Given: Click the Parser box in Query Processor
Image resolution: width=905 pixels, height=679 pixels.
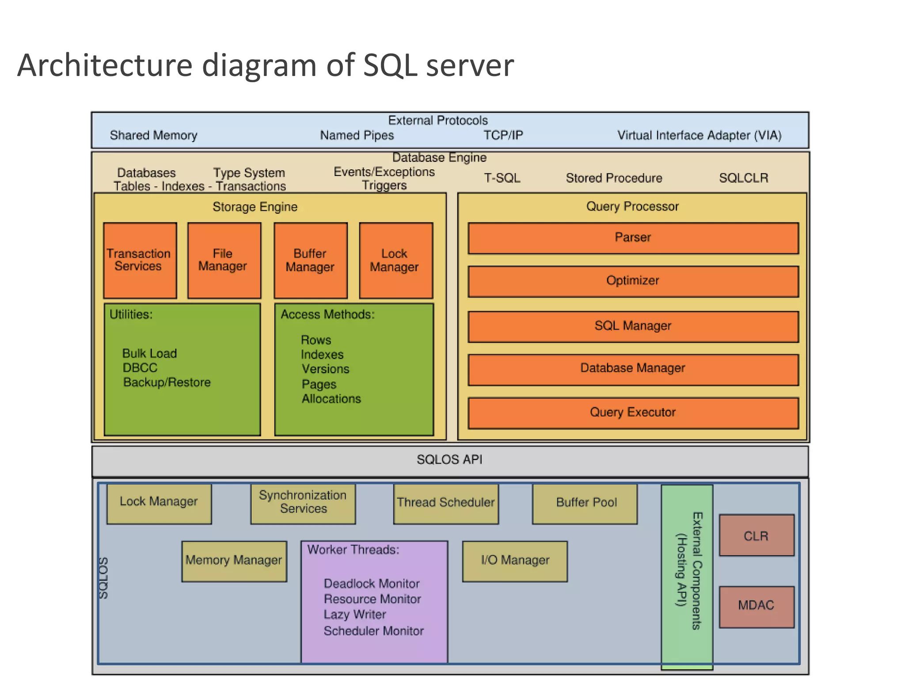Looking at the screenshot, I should tap(633, 238).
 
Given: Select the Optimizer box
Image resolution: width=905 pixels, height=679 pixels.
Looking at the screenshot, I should tap(633, 281).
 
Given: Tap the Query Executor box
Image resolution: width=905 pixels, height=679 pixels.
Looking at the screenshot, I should tap(633, 412).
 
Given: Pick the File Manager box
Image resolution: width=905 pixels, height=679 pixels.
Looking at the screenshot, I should tap(224, 260).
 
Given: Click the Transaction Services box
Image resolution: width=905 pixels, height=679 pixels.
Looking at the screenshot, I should tap(140, 260).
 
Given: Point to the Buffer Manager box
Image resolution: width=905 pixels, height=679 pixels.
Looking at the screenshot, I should tap(310, 260).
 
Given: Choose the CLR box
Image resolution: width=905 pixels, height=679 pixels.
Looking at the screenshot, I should tap(756, 535).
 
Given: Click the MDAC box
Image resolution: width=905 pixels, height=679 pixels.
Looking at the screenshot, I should tap(756, 606).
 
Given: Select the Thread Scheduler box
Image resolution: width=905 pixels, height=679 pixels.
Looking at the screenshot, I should tap(445, 504).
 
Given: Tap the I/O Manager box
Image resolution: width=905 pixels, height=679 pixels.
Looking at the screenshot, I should tap(515, 561).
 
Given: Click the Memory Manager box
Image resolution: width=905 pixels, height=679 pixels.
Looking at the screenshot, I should tap(234, 561).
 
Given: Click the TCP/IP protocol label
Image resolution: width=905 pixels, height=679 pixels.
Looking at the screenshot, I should tap(503, 135).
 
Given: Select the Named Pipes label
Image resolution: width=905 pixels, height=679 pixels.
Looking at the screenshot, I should tap(357, 135).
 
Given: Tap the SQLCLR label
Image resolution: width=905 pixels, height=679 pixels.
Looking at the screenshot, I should tap(743, 178).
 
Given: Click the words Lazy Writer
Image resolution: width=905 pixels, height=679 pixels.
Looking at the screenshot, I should tap(355, 614).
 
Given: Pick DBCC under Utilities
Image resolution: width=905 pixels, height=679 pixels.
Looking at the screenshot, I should tap(140, 368).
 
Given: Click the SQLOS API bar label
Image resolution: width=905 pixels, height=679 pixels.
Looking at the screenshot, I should tap(449, 460).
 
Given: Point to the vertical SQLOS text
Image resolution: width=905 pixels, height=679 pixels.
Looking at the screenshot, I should tap(103, 578).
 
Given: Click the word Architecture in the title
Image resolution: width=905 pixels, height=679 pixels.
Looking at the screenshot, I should tap(105, 65).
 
